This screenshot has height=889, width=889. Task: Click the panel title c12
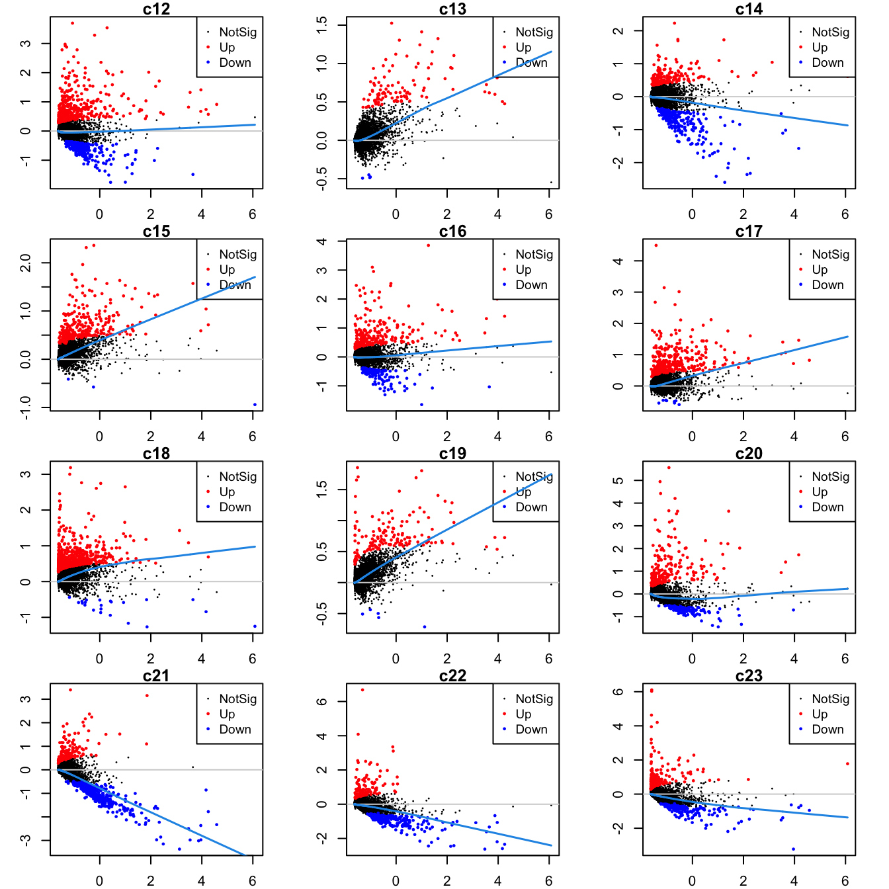point(156,9)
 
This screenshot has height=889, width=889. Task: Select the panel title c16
point(452,232)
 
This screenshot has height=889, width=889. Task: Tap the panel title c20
point(749,454)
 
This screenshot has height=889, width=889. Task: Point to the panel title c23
point(749,676)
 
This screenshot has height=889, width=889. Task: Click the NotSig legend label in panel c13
point(534,32)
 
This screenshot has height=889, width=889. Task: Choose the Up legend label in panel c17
point(820,269)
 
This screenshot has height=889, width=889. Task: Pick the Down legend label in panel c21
point(235,729)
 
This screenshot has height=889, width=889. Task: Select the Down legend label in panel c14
point(827,62)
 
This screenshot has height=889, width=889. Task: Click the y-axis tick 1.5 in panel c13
point(322,25)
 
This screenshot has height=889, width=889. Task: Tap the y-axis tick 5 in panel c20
point(618,480)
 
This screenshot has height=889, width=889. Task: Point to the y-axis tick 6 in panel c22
point(322,701)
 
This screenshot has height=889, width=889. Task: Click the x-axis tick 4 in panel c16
point(497,437)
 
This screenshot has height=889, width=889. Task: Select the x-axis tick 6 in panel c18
point(252,659)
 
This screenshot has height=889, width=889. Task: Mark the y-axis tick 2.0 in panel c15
point(26,263)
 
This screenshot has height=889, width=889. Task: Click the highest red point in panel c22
point(362,690)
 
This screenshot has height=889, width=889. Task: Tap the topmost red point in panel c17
point(656,245)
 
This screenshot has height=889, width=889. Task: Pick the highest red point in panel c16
point(428,245)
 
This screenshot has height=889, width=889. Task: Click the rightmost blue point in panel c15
point(255,405)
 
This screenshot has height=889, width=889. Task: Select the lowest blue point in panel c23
point(793,849)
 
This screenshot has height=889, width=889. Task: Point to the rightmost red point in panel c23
point(847,764)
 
